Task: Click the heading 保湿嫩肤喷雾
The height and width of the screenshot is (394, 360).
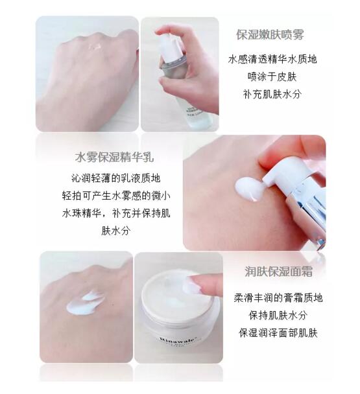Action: [270, 35]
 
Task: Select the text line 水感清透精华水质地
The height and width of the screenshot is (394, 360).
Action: [272, 60]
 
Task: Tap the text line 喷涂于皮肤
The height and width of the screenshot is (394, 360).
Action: [272, 76]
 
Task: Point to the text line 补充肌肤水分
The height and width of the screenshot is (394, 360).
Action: [272, 94]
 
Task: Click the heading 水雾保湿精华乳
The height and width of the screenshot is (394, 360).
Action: [114, 157]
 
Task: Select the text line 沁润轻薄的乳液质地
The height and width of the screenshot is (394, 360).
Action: [116, 178]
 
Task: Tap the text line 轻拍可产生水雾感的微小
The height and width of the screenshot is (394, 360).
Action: [116, 196]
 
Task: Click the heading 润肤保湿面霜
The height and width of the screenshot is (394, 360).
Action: [278, 272]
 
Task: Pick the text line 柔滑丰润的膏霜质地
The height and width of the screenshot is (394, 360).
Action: [278, 297]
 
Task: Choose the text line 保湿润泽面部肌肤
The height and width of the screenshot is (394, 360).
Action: [278, 333]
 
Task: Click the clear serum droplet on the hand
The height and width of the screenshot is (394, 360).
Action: [95, 47]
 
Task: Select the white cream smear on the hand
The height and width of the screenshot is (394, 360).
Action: [84, 303]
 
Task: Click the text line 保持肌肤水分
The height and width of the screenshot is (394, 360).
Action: [278, 316]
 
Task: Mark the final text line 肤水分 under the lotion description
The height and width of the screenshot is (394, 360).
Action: [116, 231]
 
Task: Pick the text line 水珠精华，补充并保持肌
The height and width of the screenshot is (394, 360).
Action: [116, 213]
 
